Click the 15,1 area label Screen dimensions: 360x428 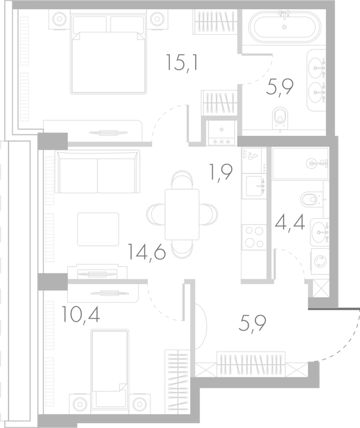(x=182, y=63)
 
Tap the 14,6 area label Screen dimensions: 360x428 (x=147, y=252)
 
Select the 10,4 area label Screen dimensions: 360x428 (x=81, y=314)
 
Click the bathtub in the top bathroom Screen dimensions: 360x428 (x=285, y=27)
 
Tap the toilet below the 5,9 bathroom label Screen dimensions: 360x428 (x=280, y=118)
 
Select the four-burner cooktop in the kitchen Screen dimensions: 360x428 (x=254, y=237)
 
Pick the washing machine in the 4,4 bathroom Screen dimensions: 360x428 (x=320, y=261)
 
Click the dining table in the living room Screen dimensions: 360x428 (x=182, y=214)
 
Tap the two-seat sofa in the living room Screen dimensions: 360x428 (x=97, y=171)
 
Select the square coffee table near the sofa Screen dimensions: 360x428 (x=98, y=229)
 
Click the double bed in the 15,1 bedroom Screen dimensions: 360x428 (x=108, y=52)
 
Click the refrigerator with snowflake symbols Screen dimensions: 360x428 (x=221, y=133)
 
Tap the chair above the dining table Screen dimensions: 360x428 (x=182, y=179)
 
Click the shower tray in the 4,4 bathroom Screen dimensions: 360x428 (x=300, y=163)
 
